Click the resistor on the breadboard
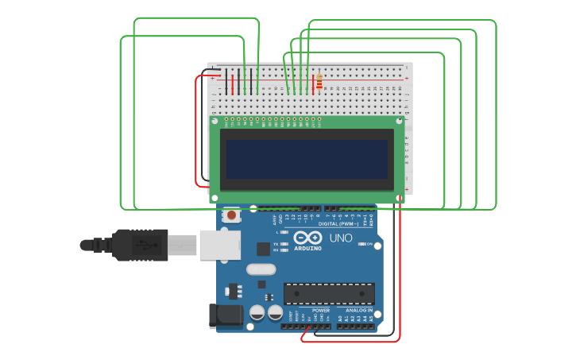click(x=319, y=82)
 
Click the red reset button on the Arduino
click(x=231, y=215)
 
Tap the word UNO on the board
click(x=341, y=238)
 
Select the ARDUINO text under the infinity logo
click(x=307, y=249)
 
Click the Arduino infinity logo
click(x=307, y=238)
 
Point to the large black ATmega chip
click(x=329, y=293)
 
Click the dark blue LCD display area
click(x=307, y=159)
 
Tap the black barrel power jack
click(x=226, y=315)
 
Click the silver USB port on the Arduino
click(x=219, y=246)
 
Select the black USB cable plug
click(x=139, y=245)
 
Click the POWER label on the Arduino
click(x=321, y=311)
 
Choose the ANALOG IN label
click(x=359, y=311)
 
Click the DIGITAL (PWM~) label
click(x=333, y=225)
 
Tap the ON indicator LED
click(x=363, y=244)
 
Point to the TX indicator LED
click(x=284, y=244)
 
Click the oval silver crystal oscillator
click(x=261, y=269)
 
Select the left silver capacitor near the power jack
click(x=257, y=312)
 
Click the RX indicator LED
click(x=284, y=250)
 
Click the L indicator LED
click(x=284, y=232)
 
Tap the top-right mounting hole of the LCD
click(x=399, y=122)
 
